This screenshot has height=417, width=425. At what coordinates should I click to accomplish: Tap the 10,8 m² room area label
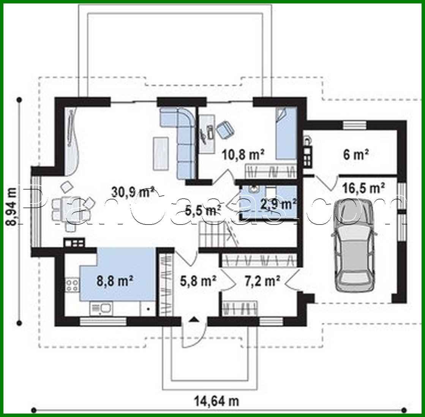(x=243, y=154)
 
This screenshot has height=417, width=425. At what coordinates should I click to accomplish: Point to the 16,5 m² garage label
(x=363, y=188)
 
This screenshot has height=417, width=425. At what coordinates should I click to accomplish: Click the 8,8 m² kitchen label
(x=114, y=281)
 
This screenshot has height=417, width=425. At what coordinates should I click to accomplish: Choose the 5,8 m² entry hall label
(x=197, y=281)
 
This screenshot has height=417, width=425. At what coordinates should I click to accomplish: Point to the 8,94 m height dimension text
(x=12, y=207)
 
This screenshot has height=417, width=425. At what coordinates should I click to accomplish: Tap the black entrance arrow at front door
(x=194, y=319)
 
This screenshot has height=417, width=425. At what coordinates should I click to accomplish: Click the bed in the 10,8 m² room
(x=285, y=134)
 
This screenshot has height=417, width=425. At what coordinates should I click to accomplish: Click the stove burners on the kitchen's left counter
(x=72, y=285)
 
